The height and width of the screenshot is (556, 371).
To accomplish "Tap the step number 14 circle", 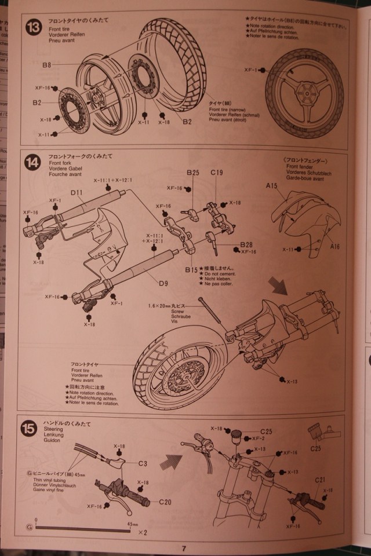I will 32,164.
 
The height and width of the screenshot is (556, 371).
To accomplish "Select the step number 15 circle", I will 30,430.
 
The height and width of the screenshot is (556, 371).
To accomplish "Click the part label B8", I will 47,65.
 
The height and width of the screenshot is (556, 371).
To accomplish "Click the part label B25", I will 193,173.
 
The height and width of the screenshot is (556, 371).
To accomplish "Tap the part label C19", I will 217,173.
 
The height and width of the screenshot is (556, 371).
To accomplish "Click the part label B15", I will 191,270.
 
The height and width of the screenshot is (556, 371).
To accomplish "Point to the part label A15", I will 272,186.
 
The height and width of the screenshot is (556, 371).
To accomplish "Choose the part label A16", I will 336,246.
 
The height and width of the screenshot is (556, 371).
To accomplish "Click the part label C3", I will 143,463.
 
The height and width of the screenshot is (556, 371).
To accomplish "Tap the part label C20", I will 165,502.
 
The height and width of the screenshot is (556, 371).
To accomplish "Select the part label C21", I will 321,480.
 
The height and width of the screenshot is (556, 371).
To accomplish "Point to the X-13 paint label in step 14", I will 292,381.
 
